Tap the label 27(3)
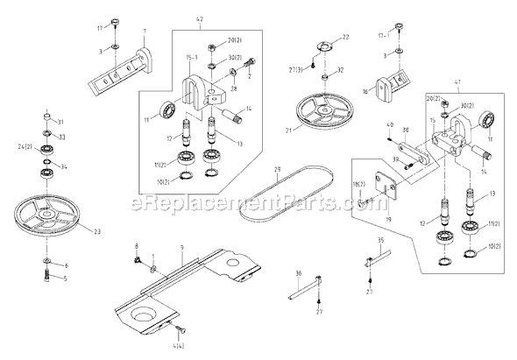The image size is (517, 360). [x=296, y=68]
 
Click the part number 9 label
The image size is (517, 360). [x=181, y=248]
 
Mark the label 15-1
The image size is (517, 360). [x=190, y=57]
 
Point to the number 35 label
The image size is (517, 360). [x=379, y=239]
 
